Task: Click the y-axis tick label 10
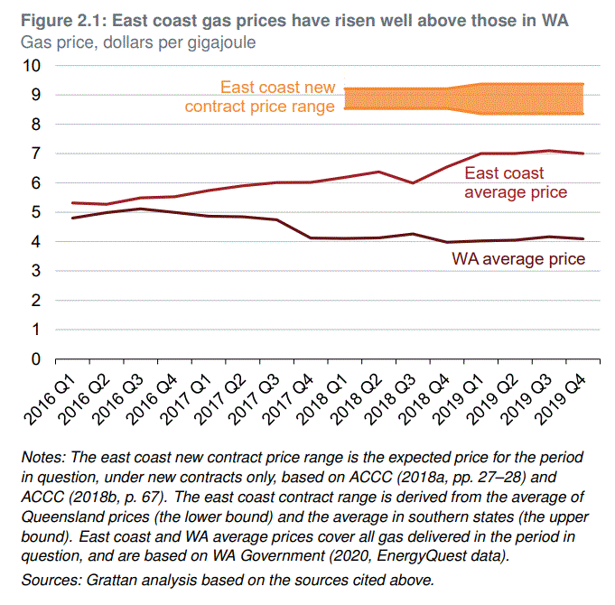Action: click(x=33, y=66)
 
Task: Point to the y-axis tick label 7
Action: click(x=36, y=154)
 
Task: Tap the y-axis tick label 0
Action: click(x=36, y=359)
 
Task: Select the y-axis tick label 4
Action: click(x=36, y=242)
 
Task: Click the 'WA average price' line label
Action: click(x=518, y=260)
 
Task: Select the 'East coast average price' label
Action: click(x=516, y=182)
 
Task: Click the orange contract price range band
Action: click(x=470, y=98)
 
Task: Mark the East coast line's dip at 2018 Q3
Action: click(x=414, y=182)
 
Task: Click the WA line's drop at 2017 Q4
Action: click(x=312, y=237)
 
